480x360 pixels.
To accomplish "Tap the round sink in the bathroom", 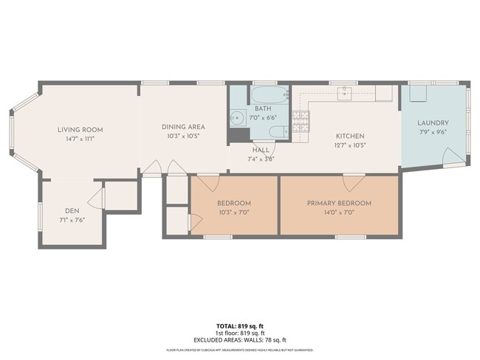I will pos(237,117).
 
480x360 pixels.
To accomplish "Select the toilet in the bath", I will pos(275,133).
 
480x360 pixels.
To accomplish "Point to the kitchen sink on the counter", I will pos(345,92).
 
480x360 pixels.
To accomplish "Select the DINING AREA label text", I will pos(183,127).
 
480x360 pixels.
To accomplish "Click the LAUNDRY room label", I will pos(433,123).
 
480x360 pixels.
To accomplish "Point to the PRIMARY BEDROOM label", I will pos(339,203).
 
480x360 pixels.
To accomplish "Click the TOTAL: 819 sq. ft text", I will pos(239,325).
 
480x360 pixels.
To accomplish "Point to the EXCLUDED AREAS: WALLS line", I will pos(239,339).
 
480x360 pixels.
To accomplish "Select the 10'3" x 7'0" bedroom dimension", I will pos(234,212).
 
